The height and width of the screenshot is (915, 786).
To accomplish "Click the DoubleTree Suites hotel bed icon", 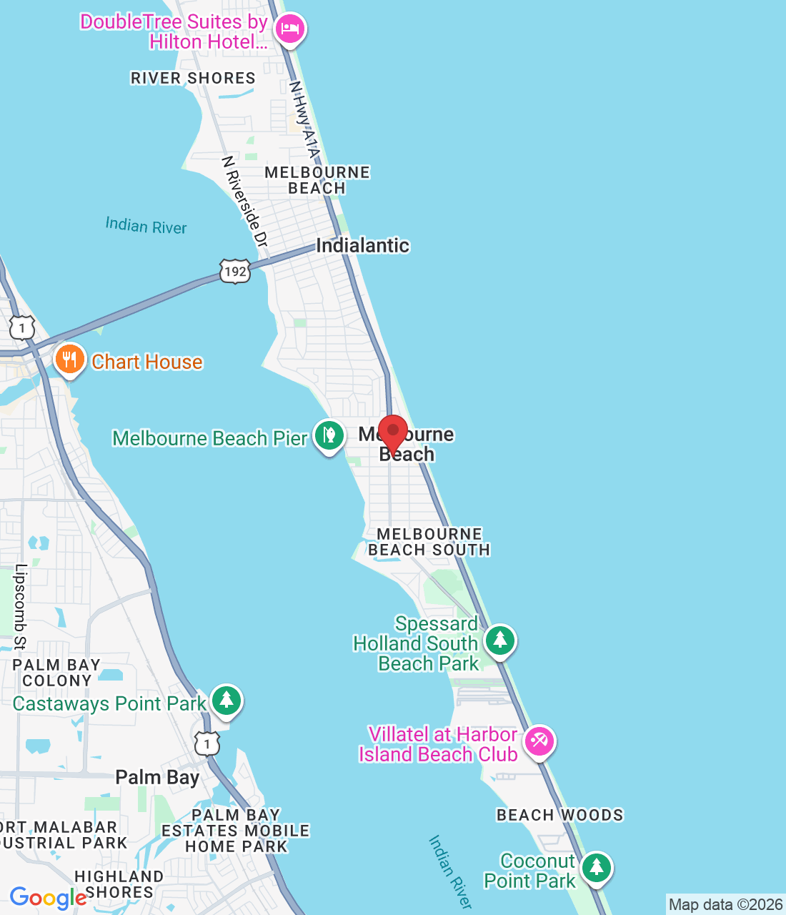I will (289, 29).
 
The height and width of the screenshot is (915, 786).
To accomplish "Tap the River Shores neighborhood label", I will (193, 78).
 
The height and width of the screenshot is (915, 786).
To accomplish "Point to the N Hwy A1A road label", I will (304, 119).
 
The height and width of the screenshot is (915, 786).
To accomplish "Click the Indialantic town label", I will (362, 245).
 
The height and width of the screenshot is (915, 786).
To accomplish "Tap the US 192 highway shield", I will (235, 271).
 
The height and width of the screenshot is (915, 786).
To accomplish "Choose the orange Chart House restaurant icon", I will (69, 359).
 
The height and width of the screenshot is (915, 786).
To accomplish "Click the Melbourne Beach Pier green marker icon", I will (329, 435).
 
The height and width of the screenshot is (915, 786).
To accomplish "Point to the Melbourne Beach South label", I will (429, 542).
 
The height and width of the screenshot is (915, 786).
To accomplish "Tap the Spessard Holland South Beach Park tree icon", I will (500, 639).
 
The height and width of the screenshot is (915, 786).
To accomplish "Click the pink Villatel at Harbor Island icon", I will (539, 741).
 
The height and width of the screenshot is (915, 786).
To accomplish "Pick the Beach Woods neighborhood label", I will (559, 815).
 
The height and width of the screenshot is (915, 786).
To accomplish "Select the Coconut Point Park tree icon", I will (596, 867).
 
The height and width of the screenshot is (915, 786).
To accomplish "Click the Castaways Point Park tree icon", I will (227, 700).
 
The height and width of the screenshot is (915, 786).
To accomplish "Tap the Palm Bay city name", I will (157, 777).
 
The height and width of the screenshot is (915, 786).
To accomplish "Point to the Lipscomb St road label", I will (21, 607).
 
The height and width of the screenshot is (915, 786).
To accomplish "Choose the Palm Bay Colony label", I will (56, 673).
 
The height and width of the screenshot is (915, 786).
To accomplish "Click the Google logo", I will (48, 898).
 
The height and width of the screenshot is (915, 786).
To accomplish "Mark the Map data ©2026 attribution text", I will (725, 904).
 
